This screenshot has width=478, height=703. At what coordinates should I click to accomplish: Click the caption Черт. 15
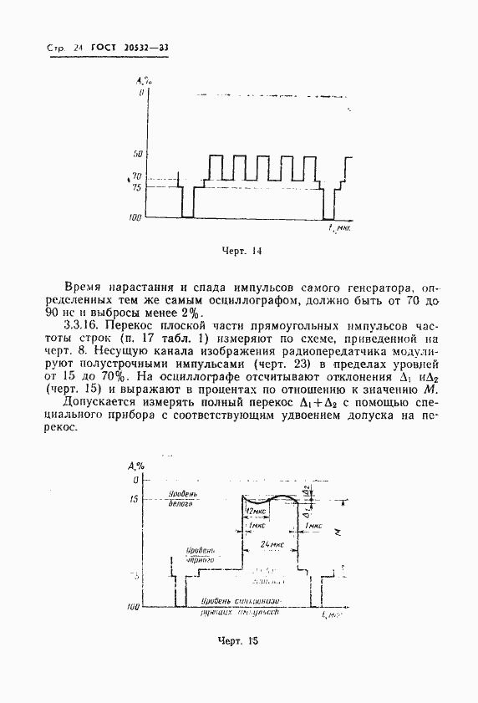coord(240,642)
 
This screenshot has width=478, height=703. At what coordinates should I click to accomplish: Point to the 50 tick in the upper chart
coord(138,155)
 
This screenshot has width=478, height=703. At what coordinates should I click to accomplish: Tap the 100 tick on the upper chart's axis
coord(135,217)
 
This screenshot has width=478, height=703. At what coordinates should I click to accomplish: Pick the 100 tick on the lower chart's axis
coord(131,607)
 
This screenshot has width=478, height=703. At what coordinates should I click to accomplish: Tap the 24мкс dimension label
coord(269,544)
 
